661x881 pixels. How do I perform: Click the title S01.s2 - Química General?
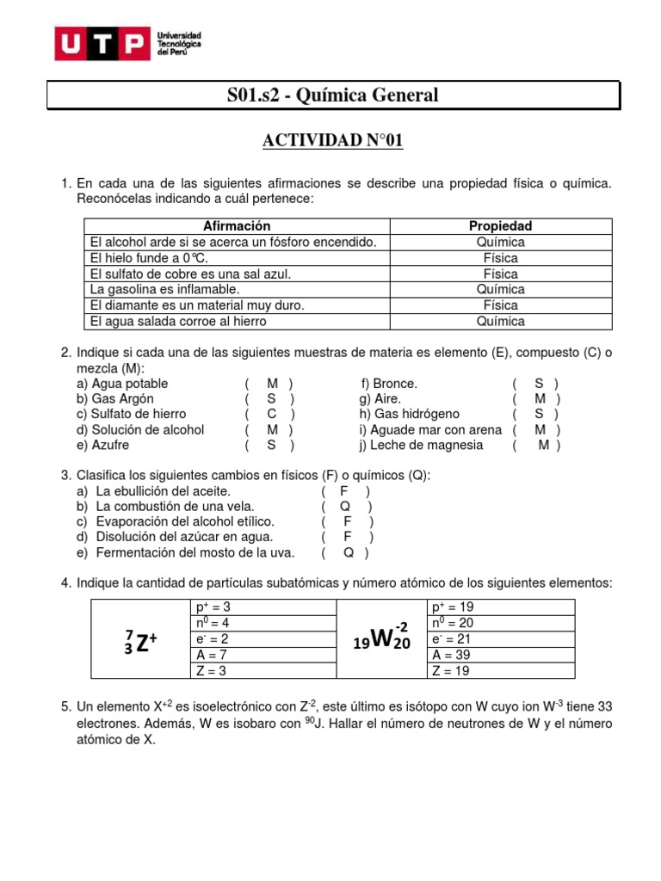[x=332, y=95]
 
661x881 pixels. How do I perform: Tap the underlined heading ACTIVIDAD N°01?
[x=332, y=141]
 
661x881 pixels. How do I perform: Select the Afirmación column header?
[x=237, y=226]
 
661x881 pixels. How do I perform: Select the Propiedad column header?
[x=500, y=226]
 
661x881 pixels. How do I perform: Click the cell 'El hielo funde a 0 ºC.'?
[x=149, y=258]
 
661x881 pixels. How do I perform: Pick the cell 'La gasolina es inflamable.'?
[x=164, y=290]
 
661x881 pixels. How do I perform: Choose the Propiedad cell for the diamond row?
[x=500, y=305]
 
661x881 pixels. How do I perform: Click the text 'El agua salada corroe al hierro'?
[x=178, y=321]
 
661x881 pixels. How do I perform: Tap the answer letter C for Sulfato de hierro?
[x=271, y=415]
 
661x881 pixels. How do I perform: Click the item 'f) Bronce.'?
[x=388, y=384]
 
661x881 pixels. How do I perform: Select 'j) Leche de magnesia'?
[x=421, y=446]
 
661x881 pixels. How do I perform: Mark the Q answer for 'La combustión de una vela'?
[x=344, y=507]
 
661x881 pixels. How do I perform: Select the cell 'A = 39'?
[x=451, y=655]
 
